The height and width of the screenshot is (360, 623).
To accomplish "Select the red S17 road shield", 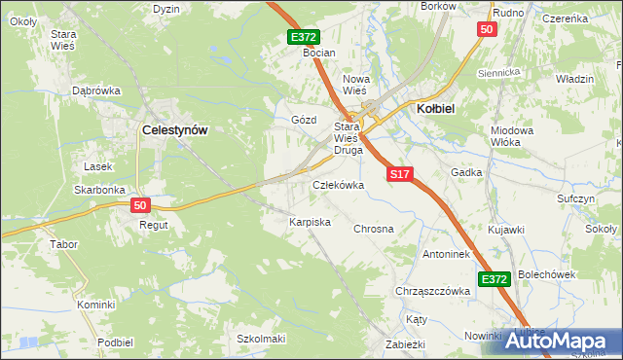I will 401,174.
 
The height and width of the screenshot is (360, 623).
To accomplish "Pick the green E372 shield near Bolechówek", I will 495,279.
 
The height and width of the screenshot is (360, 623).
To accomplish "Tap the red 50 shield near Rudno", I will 488,30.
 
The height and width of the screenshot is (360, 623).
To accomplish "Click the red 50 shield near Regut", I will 140,204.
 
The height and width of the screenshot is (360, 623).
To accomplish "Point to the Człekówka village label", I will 338,185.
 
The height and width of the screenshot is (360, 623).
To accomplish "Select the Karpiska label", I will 310,223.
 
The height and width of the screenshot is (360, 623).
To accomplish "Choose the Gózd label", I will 305,120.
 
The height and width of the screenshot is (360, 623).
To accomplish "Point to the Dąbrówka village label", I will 96,90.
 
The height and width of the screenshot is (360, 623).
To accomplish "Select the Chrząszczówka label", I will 427,291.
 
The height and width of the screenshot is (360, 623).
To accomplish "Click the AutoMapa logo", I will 562,341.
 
